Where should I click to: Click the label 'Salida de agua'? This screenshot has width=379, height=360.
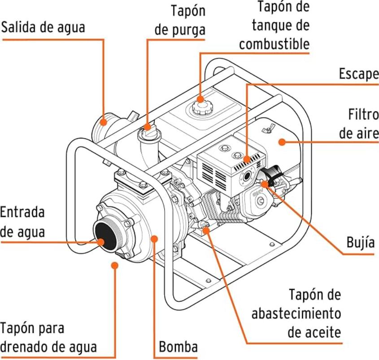pos(44,27)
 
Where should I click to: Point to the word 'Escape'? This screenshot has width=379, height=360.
pos(358,74)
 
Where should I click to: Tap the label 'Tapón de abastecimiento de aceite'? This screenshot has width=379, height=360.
pos(296,313)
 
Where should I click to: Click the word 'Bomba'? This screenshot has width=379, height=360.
pos(178,346)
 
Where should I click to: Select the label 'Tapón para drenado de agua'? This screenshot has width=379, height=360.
pos(48,337)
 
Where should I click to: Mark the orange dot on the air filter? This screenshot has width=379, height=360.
pos(282,142)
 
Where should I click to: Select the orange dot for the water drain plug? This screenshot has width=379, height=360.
pos(115,265)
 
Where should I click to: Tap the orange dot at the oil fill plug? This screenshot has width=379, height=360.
pos(206,230)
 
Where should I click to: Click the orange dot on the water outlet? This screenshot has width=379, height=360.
pos(104,121)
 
